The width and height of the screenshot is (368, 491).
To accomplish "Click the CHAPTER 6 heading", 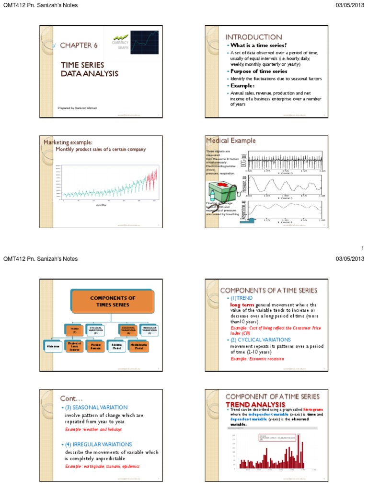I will [79, 45].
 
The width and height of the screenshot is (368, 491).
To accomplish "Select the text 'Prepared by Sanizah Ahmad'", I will [77, 108].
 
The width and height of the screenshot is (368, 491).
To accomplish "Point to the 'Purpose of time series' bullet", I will [259, 71].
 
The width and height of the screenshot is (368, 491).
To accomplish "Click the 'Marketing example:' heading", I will [68, 142].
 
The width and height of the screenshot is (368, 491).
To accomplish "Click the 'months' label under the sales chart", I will [101, 204].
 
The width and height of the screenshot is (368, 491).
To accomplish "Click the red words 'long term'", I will [242, 304].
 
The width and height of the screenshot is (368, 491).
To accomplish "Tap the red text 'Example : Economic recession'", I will [257, 359].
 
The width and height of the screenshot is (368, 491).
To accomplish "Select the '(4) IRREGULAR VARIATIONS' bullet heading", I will [97, 444].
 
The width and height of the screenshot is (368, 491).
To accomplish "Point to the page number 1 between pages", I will [363, 248].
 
